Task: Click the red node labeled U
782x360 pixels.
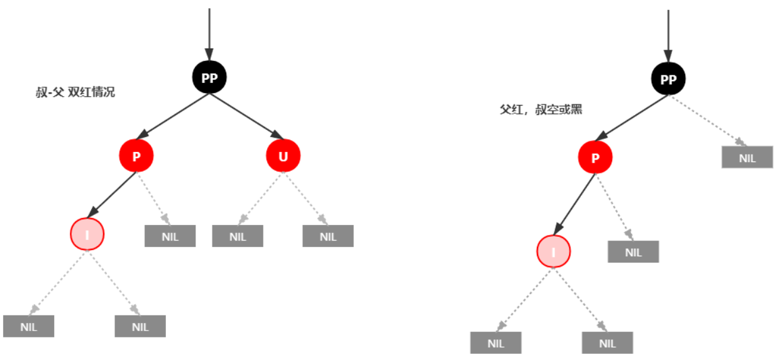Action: pyautogui.click(x=283, y=156)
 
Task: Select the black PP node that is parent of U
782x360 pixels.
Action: pyautogui.click(x=209, y=78)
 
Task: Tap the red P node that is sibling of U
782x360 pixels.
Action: pyautogui.click(x=136, y=156)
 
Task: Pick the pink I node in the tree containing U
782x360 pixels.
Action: pyautogui.click(x=87, y=234)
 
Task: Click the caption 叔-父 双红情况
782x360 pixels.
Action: pyautogui.click(x=75, y=92)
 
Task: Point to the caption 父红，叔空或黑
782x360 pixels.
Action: pyautogui.click(x=541, y=109)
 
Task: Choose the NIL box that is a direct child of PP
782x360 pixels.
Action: pyautogui.click(x=747, y=158)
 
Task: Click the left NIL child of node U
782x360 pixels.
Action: pyautogui.click(x=238, y=236)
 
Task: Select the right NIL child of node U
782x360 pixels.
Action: pyautogui.click(x=328, y=236)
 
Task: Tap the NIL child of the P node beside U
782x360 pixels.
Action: pyautogui.click(x=170, y=236)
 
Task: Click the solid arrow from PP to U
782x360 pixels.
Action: pyautogui.click(x=246, y=117)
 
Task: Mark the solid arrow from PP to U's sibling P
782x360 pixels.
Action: pyautogui.click(x=173, y=117)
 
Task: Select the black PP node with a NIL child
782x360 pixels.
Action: pyautogui.click(x=668, y=79)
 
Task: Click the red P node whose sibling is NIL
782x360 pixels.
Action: pyautogui.click(x=595, y=157)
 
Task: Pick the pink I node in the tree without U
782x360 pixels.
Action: pyautogui.click(x=554, y=252)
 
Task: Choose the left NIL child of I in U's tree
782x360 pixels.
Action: pyautogui.click(x=28, y=327)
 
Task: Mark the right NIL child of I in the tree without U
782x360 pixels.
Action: pyautogui.click(x=607, y=343)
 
